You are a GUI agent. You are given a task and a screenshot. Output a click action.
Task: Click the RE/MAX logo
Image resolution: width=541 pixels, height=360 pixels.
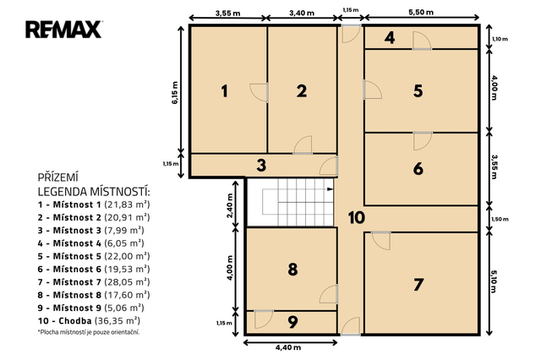click(x=63, y=30)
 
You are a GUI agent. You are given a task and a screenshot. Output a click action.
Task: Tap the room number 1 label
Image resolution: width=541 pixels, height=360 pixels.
click(x=225, y=91)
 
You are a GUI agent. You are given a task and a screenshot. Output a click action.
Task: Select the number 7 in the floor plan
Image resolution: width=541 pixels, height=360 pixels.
click(x=418, y=285)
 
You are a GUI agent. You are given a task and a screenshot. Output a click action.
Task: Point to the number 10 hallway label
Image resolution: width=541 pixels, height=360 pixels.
click(x=357, y=217)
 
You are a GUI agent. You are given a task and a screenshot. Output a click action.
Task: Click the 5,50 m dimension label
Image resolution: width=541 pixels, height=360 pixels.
click(x=421, y=13)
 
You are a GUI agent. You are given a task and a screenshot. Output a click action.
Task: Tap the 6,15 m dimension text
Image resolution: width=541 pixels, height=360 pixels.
click(x=175, y=93)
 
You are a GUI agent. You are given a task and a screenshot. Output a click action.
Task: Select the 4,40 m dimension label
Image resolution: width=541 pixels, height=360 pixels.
click(x=288, y=347)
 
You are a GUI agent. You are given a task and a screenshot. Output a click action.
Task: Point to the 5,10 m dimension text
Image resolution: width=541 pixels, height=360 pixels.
click(x=494, y=281)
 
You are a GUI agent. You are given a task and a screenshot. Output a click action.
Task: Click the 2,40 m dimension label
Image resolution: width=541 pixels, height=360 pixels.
click(x=230, y=205)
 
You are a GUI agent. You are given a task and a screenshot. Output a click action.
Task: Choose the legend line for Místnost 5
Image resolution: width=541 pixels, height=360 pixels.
click(x=94, y=256)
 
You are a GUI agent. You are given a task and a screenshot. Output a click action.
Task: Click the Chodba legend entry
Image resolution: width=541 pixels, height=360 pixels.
click(x=89, y=320)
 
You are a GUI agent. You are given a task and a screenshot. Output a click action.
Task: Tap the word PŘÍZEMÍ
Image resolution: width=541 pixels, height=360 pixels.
click(x=58, y=177)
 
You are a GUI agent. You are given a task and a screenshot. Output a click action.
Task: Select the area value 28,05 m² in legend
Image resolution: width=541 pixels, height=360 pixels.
click(x=127, y=282)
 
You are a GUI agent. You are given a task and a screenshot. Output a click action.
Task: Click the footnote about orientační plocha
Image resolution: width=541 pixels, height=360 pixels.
click(x=89, y=332)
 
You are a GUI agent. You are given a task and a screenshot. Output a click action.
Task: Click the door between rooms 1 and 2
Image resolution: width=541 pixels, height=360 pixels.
click(x=260, y=92)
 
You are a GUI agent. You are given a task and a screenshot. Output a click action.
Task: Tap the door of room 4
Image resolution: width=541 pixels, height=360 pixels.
click(x=422, y=41)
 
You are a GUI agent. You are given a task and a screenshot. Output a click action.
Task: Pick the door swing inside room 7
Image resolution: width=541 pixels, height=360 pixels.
click(x=381, y=241)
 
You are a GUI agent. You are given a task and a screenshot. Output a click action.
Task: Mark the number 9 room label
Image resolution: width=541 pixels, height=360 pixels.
click(x=292, y=322)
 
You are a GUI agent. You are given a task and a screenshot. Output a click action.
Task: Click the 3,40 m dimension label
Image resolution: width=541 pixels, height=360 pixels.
click(x=302, y=14)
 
